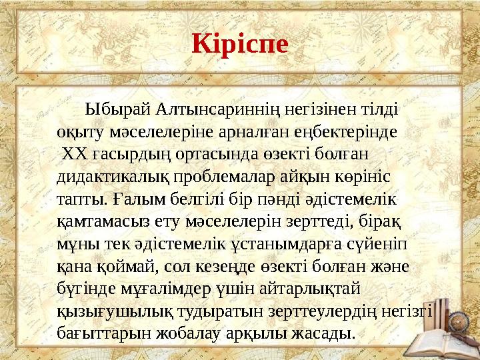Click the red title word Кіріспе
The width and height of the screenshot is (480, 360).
240,43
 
